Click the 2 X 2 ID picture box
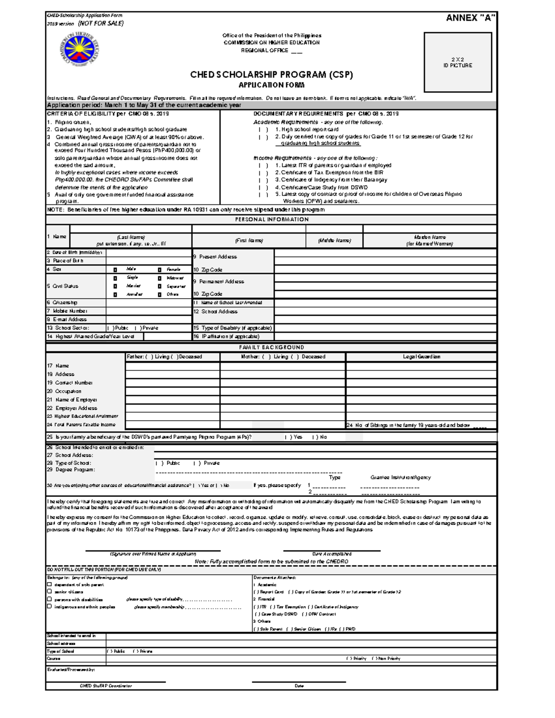pos(457,62)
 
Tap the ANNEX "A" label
pos(470,18)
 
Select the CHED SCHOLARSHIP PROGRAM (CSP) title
pos(271,75)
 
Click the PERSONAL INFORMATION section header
pos(271,220)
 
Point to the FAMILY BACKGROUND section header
pos(271,347)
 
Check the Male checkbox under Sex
pos(115,270)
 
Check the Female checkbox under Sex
pos(159,270)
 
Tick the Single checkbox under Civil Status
pos(115,278)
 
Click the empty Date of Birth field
pos(149,253)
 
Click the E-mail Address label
pos(67,319)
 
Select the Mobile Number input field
pos(149,311)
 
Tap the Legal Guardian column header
pos(421,357)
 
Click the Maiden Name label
pos(430,237)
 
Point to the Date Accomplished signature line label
pos(332,554)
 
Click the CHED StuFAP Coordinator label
pos(105,686)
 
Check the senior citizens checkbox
pos(49,591)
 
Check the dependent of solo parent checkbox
pos(49,584)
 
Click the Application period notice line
pos(144,105)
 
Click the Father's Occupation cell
pos(173,391)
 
